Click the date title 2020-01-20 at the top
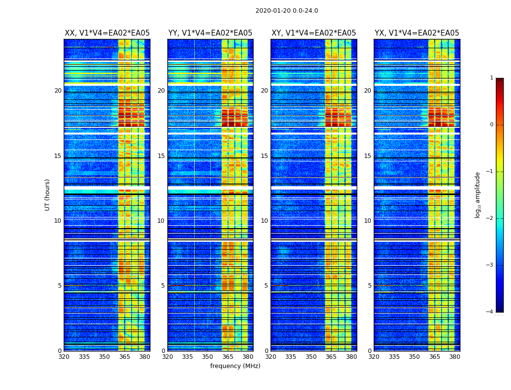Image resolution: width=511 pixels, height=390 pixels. [287, 11]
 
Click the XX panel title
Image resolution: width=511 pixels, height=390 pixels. [107, 33]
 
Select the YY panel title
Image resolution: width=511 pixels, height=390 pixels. [210, 33]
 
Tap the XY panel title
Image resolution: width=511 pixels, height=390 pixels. [313, 33]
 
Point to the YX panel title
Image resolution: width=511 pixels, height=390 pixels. [417, 33]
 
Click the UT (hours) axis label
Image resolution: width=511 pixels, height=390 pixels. [48, 195]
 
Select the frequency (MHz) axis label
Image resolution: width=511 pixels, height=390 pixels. [235, 366]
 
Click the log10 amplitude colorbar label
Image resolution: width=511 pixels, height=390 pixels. [478, 195]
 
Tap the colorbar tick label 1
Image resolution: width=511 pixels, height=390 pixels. [491, 78]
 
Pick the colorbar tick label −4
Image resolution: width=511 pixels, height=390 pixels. [490, 312]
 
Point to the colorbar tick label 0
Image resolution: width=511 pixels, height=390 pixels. [491, 125]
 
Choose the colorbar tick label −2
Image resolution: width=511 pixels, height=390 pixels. [490, 218]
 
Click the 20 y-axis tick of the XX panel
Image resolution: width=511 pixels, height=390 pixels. [58, 91]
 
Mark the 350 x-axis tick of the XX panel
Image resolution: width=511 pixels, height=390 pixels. [104, 357]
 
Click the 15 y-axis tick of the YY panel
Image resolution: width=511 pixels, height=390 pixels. [161, 156]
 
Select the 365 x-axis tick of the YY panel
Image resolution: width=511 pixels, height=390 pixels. [228, 357]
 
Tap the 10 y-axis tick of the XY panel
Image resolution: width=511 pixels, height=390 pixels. [264, 221]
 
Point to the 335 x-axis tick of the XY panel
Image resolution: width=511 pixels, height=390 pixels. [291, 357]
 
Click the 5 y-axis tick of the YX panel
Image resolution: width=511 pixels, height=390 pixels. [369, 286]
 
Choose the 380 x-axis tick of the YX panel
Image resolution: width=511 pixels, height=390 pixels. [455, 357]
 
